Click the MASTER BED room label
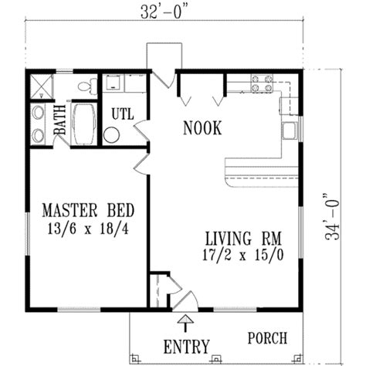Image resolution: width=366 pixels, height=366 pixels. coord(88,209)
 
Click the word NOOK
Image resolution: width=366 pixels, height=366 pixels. coord(203,129)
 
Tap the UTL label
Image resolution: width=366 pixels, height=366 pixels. coord(122,114)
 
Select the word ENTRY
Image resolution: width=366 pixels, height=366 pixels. coord(185,343)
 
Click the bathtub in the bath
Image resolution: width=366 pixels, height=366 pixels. coord(82,124)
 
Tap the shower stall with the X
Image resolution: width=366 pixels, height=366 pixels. coord(39,86)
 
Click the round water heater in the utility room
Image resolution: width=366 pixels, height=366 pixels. coord(111,135)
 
